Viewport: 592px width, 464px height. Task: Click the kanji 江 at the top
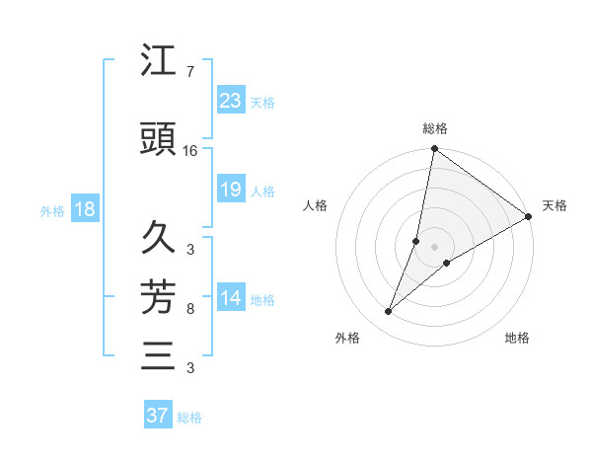(159, 62)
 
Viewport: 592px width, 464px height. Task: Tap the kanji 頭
(159, 140)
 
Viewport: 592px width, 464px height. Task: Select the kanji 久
(159, 238)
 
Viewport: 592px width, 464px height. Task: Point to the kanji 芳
(159, 295)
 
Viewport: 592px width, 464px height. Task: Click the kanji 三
(159, 354)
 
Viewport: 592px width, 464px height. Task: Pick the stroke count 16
(190, 151)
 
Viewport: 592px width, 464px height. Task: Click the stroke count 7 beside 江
(189, 72)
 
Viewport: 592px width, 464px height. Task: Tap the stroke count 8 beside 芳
(189, 309)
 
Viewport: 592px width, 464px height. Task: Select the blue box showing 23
(230, 101)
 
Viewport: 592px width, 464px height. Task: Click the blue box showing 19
(230, 190)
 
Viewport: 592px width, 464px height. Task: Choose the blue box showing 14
(230, 298)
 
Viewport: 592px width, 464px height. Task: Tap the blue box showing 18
(84, 209)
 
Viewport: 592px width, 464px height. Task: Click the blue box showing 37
(157, 416)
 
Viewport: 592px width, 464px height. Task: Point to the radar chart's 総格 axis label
(434, 128)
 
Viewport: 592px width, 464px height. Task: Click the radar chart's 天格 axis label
(555, 205)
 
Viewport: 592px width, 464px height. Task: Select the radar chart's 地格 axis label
(517, 339)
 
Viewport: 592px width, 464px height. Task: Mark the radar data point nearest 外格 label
(389, 312)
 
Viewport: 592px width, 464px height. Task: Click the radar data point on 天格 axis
(529, 216)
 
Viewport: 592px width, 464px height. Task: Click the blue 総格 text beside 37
(189, 418)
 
